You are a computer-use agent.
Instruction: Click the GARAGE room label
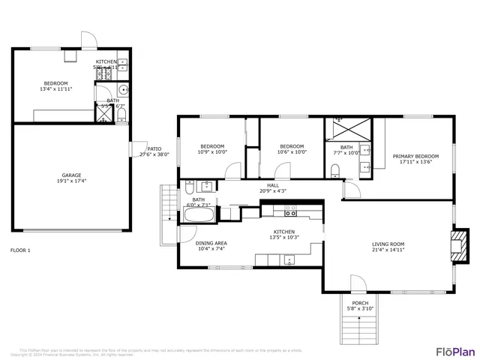[x=71, y=175]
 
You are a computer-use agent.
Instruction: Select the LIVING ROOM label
[x=388, y=244]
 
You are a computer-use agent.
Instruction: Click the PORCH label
[x=360, y=301]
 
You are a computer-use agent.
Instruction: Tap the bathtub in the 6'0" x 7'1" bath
[x=199, y=215]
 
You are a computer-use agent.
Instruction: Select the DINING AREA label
[x=211, y=243]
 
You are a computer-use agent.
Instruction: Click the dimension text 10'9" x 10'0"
[x=211, y=151]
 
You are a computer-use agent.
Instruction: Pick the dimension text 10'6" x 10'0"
[x=292, y=151]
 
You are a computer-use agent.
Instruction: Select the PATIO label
[x=154, y=148]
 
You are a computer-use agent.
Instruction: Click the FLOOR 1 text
[x=21, y=250]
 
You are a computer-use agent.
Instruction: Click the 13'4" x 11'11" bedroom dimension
[x=56, y=88]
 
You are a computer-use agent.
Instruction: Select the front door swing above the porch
[x=358, y=284]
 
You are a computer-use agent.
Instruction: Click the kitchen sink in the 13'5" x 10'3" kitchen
[x=289, y=260]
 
